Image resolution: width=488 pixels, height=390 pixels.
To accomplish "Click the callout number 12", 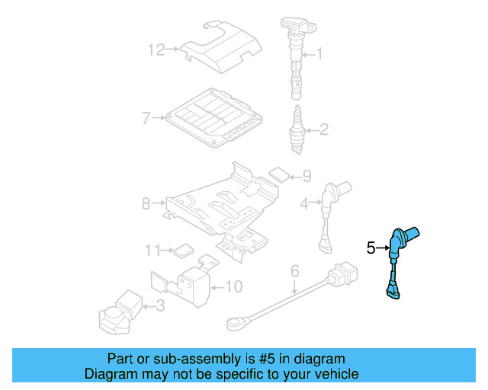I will pyautogui.click(x=156, y=50).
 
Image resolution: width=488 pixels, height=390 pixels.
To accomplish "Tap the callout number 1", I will pyautogui.click(x=319, y=54).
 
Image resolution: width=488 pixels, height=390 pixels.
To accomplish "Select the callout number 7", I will pyautogui.click(x=146, y=118).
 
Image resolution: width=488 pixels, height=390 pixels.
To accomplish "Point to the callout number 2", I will pyautogui.click(x=323, y=129).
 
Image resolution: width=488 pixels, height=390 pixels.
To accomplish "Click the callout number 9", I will pyautogui.click(x=307, y=177).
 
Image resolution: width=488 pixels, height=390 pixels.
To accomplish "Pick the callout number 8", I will pyautogui.click(x=146, y=203).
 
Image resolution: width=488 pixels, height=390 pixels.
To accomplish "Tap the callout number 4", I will pyautogui.click(x=304, y=203).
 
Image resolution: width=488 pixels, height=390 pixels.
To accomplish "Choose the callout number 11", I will pyautogui.click(x=152, y=250).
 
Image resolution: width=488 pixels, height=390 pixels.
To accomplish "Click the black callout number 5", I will pyautogui.click(x=371, y=248).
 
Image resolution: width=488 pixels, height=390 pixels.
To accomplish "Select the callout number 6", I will pyautogui.click(x=294, y=270).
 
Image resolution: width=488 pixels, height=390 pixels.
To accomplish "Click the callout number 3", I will pyautogui.click(x=159, y=306).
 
